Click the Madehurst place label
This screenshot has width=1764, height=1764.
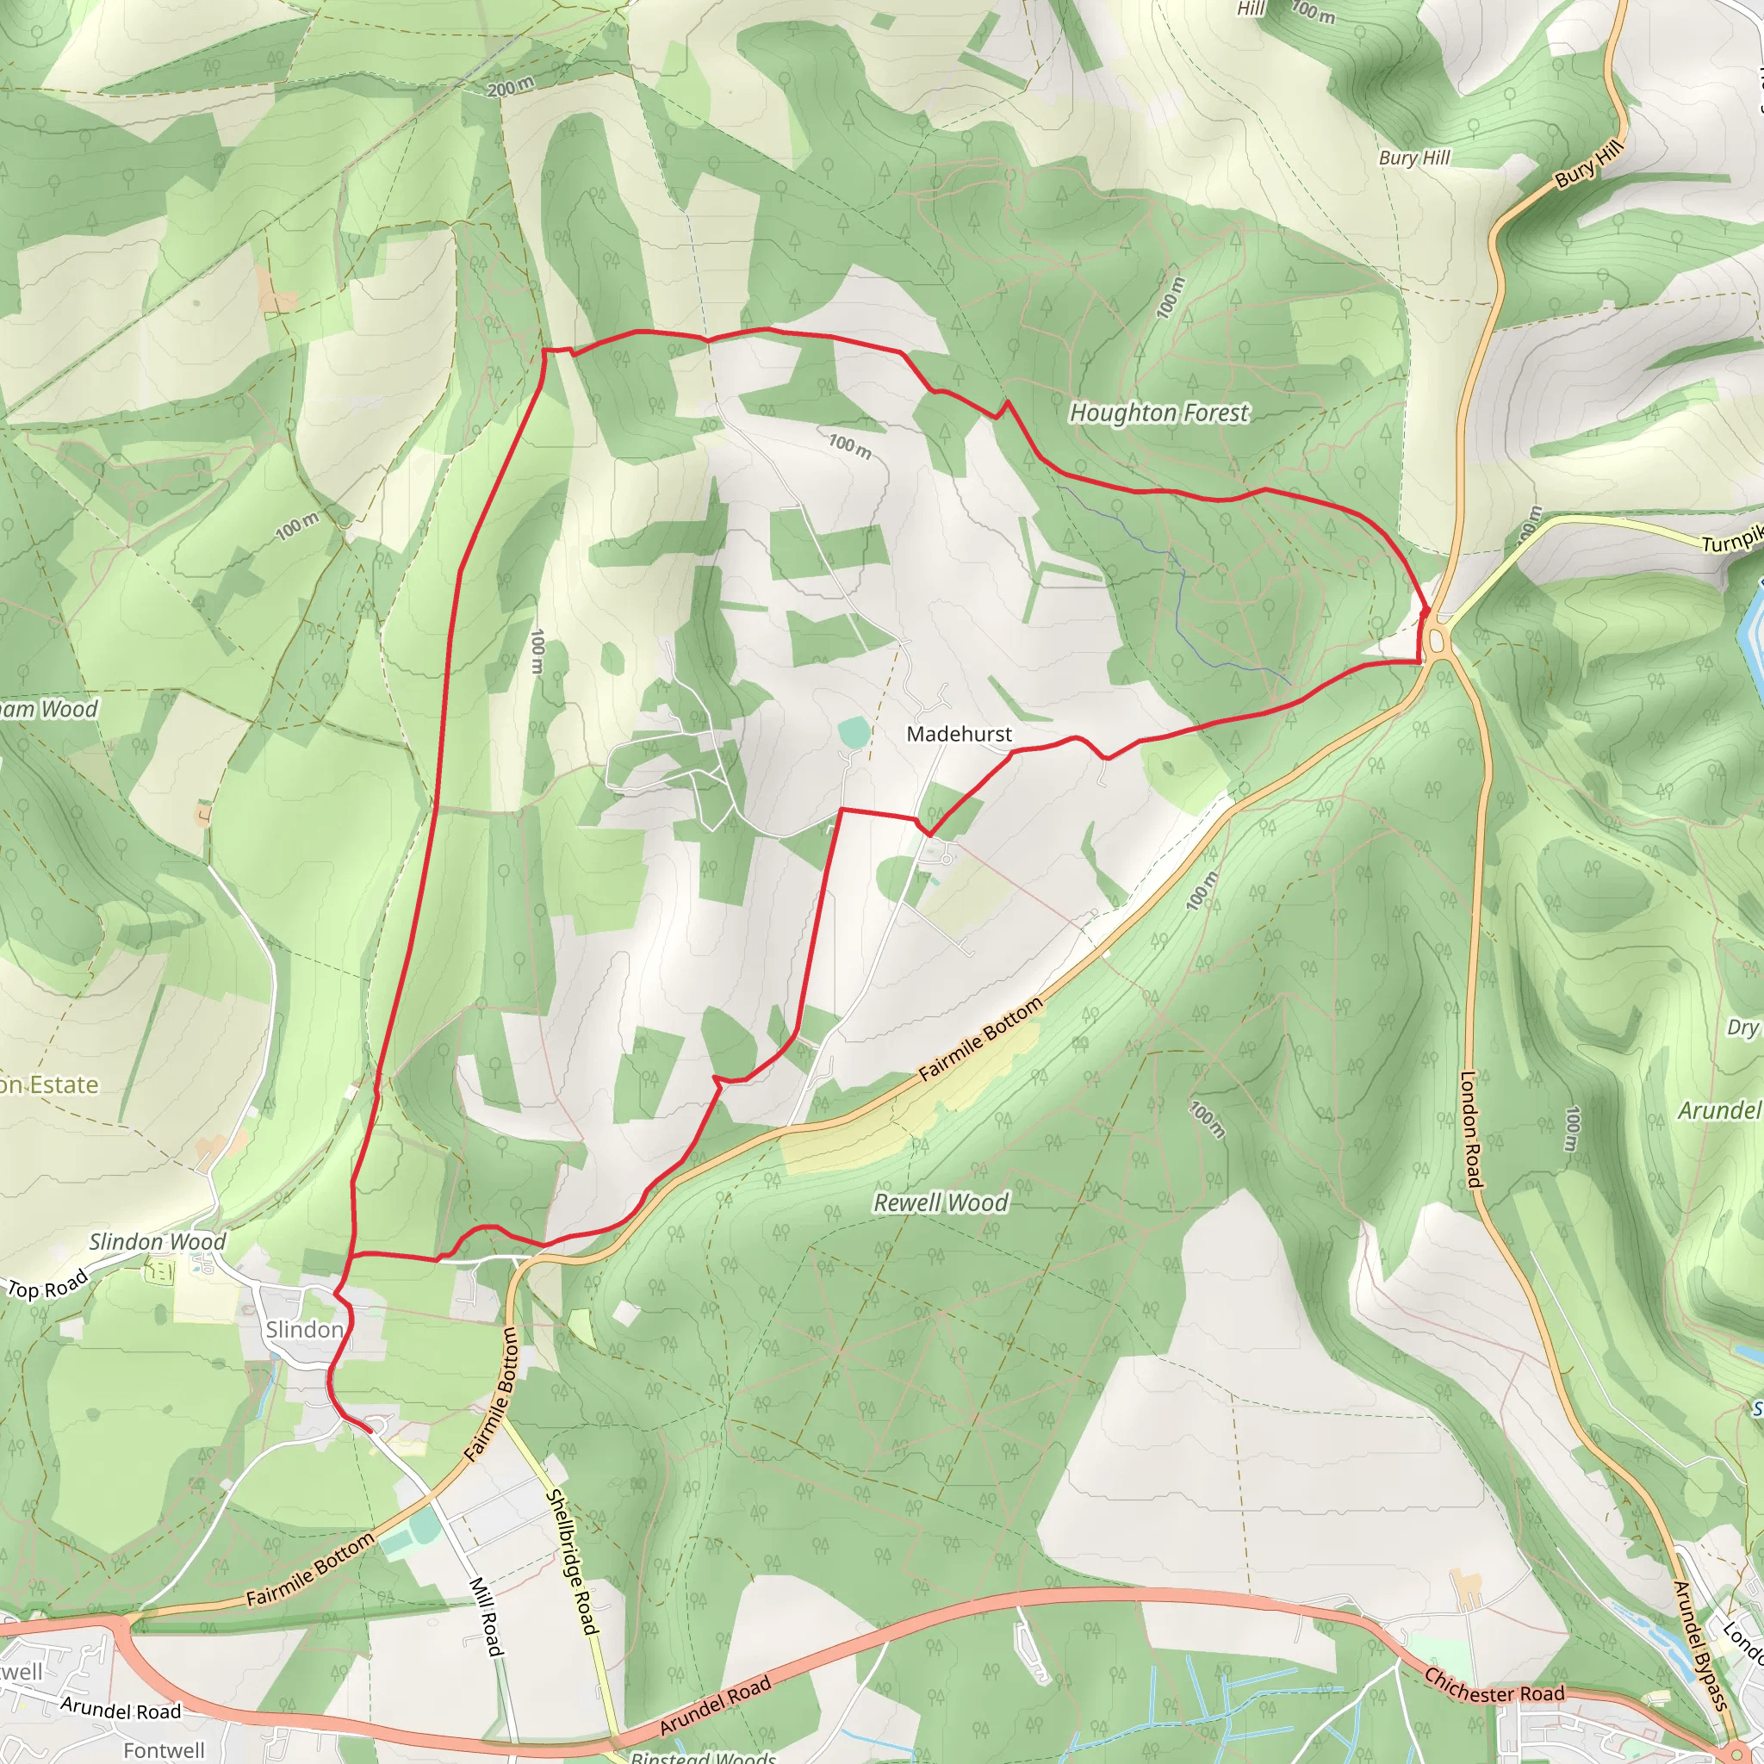959,734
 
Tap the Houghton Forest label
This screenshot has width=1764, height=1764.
1158,413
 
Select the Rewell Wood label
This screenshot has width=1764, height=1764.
941,1202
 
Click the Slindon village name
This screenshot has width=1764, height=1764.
304,1329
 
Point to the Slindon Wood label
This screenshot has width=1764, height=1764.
157,1242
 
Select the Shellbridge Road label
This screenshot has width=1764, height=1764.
571,1562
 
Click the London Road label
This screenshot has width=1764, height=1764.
1469,1129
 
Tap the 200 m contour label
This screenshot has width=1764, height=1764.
511,88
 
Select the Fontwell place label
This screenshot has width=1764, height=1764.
165,1749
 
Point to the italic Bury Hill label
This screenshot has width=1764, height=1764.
1414,158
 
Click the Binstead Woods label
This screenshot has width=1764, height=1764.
703,1755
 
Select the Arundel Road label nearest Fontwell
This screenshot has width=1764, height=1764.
121,1710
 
